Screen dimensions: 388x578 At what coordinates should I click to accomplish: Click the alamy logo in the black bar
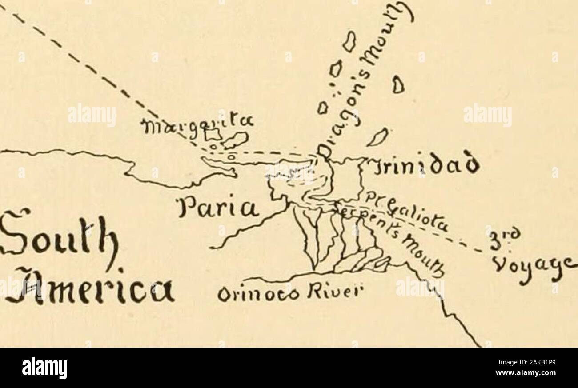pos(44,368)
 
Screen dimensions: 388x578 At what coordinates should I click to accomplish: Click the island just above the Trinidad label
pos(377,138)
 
